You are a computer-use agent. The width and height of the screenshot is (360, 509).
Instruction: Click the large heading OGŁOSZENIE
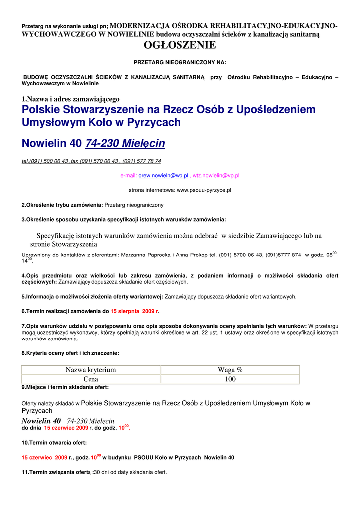click(x=180, y=46)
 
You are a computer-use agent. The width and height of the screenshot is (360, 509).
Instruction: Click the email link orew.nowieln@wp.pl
click(x=163, y=176)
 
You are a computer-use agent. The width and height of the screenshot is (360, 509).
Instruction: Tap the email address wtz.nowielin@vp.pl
click(x=216, y=176)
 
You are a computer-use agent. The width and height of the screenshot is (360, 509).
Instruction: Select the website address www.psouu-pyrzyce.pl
click(x=204, y=190)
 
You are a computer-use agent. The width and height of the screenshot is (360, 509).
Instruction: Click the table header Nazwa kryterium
click(x=90, y=370)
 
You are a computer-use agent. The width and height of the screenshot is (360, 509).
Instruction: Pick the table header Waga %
click(x=230, y=370)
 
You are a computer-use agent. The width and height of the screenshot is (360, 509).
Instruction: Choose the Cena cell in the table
click(x=90, y=379)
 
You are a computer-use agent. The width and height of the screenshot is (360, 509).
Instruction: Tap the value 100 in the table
click(x=230, y=379)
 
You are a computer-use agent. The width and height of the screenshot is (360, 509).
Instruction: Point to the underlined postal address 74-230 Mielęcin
click(x=125, y=144)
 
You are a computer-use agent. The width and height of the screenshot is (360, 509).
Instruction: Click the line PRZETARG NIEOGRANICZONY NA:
click(x=180, y=62)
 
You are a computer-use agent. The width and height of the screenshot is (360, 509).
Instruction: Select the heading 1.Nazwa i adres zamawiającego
click(x=71, y=99)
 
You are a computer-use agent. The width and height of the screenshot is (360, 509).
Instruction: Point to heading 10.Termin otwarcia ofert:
click(x=54, y=442)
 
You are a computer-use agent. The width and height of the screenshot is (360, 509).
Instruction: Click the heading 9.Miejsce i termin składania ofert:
click(x=65, y=387)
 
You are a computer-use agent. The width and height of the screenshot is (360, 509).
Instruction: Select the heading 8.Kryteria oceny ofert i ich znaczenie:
click(x=70, y=353)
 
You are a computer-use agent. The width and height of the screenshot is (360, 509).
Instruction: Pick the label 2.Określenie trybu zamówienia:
click(x=62, y=205)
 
